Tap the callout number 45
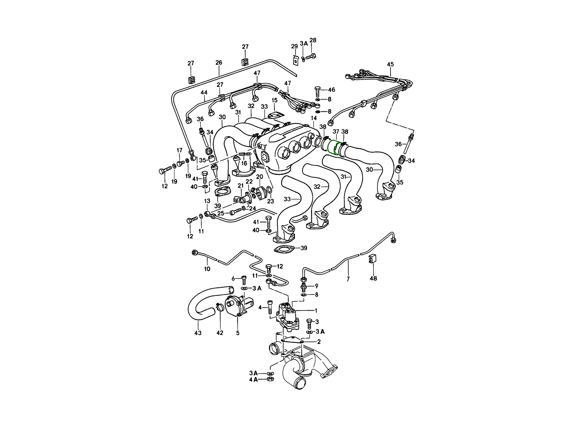390,65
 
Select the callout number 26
219,63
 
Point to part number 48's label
373,278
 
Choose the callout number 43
198,333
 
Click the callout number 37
336,131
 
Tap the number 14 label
314,119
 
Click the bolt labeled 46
317,91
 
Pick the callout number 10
207,269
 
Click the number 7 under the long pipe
348,279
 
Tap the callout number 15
274,100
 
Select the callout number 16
244,163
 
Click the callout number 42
220,333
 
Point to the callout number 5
238,333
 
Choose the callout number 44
204,92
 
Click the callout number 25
220,213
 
